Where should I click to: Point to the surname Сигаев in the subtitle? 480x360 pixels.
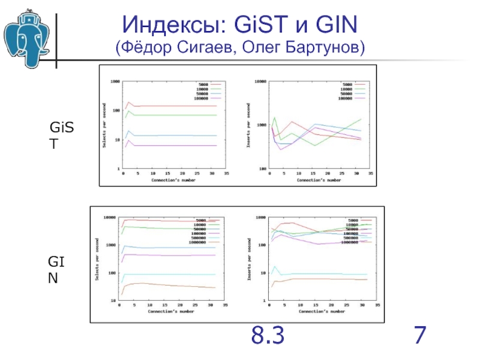[x=221, y=47]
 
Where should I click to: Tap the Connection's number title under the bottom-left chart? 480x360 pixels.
[x=172, y=312]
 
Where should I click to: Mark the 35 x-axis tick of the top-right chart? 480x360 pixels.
[x=371, y=173]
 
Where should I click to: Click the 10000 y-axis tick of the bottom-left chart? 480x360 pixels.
[x=110, y=218]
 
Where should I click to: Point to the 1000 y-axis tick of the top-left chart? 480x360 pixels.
[x=113, y=82]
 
